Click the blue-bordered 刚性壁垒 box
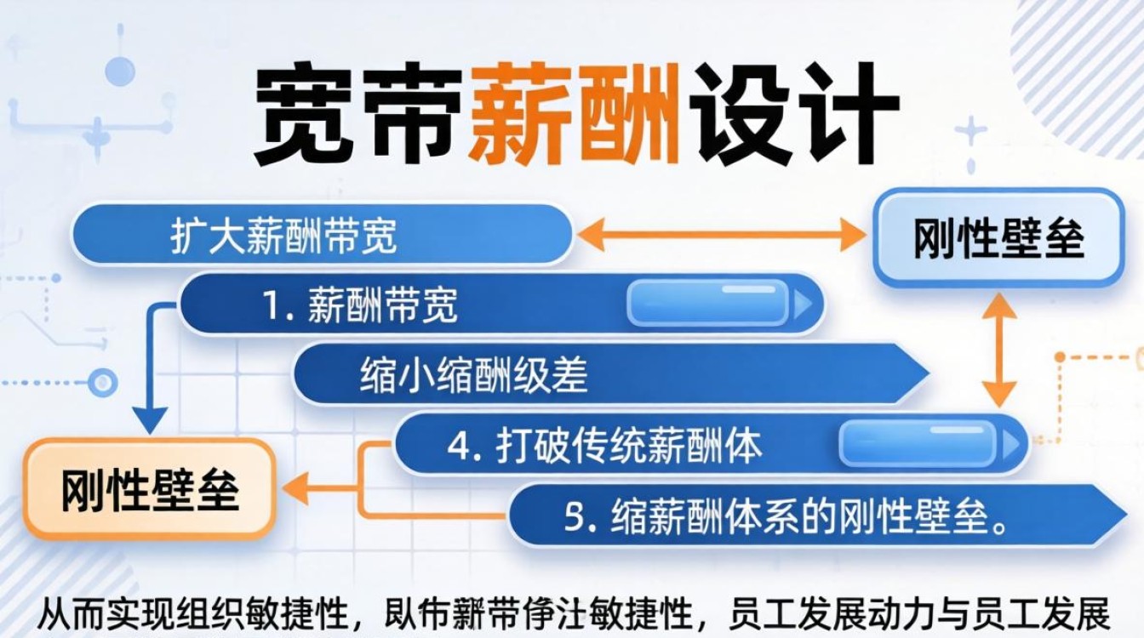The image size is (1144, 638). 998,238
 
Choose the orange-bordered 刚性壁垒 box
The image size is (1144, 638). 150,490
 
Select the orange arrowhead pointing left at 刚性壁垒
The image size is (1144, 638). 295,489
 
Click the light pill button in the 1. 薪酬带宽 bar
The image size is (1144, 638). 707,304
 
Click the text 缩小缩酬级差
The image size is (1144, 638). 473,375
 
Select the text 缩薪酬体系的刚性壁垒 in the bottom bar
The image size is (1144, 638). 809,516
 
